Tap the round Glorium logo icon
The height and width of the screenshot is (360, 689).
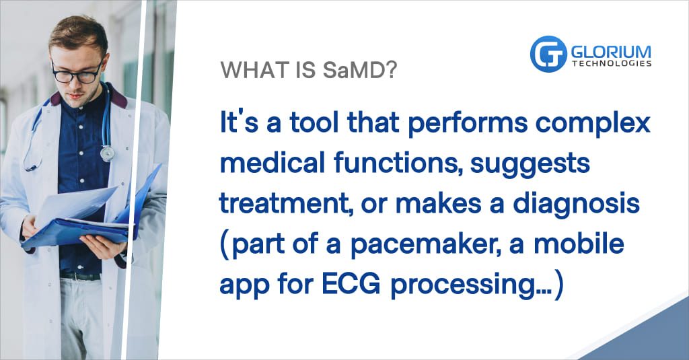click(548, 54)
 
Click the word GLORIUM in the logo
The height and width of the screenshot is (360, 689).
click(611, 52)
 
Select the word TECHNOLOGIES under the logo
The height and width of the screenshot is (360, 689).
click(612, 64)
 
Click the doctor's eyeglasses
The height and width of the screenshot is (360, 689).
click(77, 73)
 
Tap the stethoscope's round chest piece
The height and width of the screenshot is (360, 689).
click(107, 153)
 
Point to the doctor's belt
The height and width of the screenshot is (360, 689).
click(81, 277)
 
